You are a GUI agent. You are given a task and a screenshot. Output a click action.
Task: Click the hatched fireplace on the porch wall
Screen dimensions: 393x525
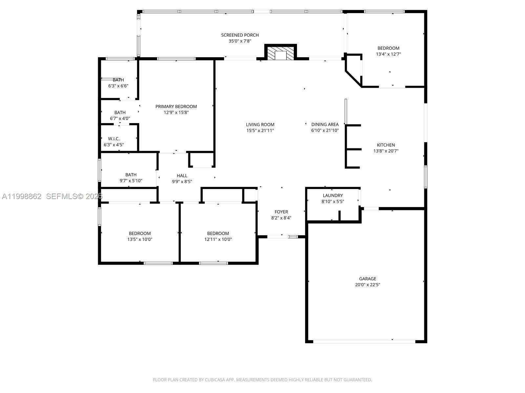(x=281, y=53)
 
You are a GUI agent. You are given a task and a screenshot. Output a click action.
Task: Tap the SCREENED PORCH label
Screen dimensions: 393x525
(x=240, y=35)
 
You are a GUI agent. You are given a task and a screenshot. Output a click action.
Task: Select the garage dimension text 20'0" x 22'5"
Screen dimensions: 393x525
(x=367, y=285)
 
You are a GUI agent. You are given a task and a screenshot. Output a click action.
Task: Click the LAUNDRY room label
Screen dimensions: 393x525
(x=333, y=196)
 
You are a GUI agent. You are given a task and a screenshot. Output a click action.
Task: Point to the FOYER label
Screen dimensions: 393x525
(x=281, y=212)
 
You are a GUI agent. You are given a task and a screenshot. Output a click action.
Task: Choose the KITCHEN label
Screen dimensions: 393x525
(x=386, y=145)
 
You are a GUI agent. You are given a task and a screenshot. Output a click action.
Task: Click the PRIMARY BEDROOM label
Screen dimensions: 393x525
(x=176, y=106)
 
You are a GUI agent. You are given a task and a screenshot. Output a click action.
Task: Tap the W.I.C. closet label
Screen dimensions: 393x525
(x=114, y=139)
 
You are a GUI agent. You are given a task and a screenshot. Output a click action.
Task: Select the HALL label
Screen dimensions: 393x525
(x=182, y=176)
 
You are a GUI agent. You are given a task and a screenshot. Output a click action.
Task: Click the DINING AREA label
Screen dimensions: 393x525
(x=325, y=124)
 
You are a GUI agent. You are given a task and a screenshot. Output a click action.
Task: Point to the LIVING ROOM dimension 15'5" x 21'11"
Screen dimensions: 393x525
(x=260, y=130)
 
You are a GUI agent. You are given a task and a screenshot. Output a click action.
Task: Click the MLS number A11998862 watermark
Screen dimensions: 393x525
(x=22, y=196)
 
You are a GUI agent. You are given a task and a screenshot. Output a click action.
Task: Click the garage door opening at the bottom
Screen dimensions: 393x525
(x=364, y=342)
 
